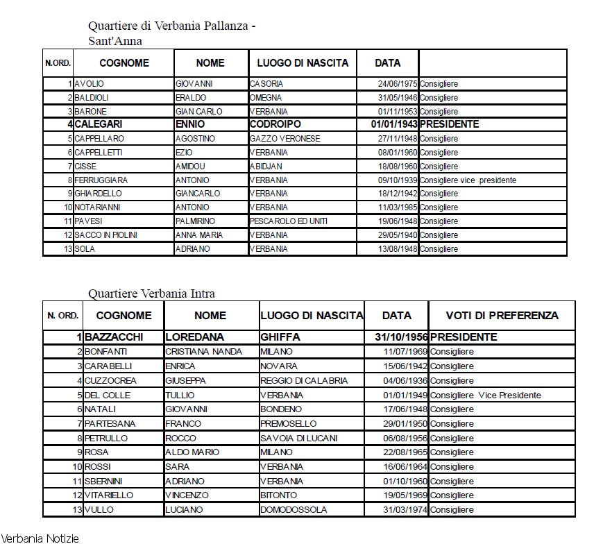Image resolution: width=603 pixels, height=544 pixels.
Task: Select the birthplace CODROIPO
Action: coord(275,124)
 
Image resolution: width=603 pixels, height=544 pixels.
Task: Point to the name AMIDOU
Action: coord(189,167)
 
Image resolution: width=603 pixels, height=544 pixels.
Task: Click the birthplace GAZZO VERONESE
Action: coord(285,139)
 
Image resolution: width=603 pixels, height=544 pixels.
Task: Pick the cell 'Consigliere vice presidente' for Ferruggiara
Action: coord(468,180)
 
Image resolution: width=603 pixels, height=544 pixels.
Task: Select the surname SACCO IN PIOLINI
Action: coord(106,235)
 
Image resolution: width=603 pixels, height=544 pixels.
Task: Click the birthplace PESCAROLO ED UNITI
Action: coord(289,221)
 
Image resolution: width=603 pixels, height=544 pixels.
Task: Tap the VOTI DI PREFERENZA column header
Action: coord(502,315)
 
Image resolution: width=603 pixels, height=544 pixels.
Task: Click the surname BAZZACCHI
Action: coord(114,337)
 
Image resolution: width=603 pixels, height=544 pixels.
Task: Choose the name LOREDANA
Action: coord(194,337)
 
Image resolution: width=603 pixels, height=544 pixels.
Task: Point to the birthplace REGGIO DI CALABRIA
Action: coord(304,381)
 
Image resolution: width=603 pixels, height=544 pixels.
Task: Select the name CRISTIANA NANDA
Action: coord(203,352)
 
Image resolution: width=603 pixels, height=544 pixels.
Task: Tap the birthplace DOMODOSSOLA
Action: coord(293,510)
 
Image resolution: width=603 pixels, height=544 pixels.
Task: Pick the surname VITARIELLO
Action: coord(109,495)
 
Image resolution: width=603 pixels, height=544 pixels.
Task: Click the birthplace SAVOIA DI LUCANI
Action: coord(298,439)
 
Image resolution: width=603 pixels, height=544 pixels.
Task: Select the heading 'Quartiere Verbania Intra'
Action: coord(151,294)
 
